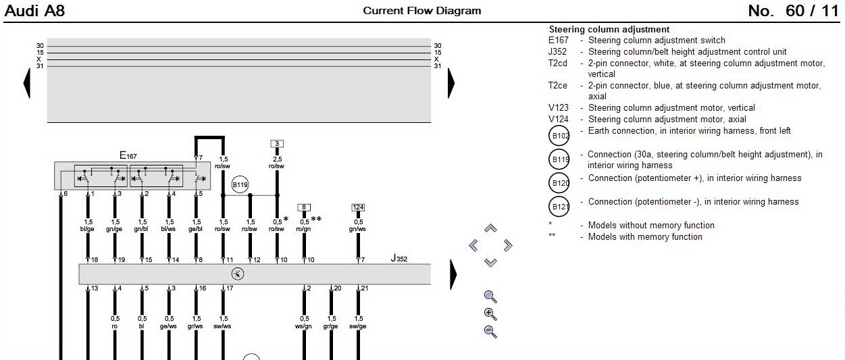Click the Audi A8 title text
point(34,11)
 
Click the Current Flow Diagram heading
point(422,11)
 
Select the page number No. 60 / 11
point(793,11)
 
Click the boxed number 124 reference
point(358,207)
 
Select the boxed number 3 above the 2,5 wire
point(276,144)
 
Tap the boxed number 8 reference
point(304,207)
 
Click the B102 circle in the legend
point(560,136)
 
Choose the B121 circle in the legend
point(560,207)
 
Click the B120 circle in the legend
point(560,183)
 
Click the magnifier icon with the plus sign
point(490,313)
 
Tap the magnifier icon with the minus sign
point(490,331)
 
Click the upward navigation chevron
point(490,229)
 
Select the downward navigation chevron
point(490,262)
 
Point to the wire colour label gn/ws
point(358,229)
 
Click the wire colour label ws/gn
point(304,326)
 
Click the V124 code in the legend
point(558,120)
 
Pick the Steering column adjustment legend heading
point(609,30)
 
